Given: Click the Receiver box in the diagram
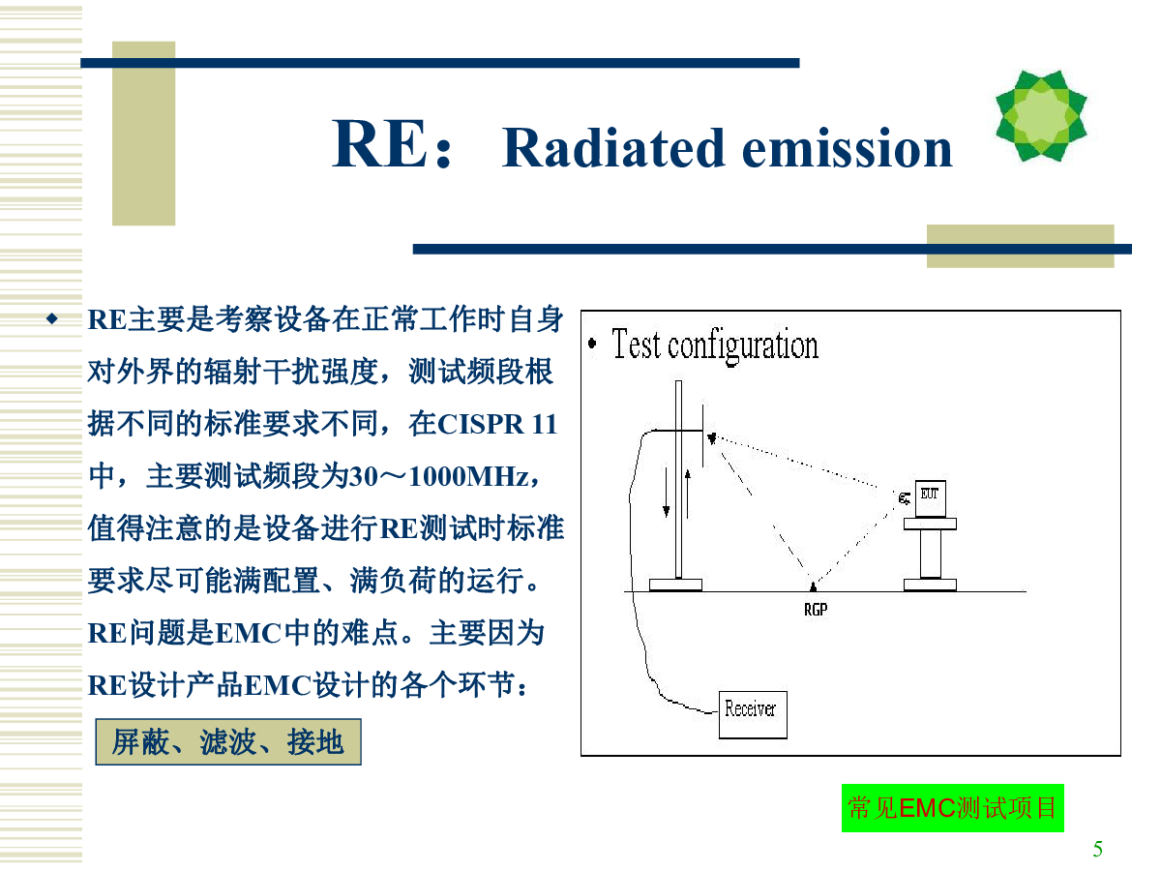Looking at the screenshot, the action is tap(752, 714).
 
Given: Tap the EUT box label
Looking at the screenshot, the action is tap(930, 494).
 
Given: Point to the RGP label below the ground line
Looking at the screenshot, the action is tap(815, 610).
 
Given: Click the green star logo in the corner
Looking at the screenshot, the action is tap(1040, 115).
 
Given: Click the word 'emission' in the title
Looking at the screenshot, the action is tap(847, 149).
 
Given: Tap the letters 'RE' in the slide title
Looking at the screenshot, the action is tap(378, 143).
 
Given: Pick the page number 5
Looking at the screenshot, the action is tap(1097, 849).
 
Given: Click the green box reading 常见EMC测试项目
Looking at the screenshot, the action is tap(952, 807).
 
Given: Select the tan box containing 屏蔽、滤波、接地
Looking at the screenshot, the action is tap(228, 741).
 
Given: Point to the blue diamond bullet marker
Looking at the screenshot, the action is tap(52, 318).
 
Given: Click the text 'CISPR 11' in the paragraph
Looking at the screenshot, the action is tap(497, 424).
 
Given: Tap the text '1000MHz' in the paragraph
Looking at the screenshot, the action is tap(468, 476).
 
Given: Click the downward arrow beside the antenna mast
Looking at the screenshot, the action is tap(666, 493).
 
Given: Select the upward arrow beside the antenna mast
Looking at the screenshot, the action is tap(688, 494).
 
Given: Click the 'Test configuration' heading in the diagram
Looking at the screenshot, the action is tap(715, 345).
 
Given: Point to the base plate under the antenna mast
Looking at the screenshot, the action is tap(675, 585).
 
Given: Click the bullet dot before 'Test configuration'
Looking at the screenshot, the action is tap(592, 344).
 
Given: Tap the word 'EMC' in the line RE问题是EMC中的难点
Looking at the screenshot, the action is tap(248, 634).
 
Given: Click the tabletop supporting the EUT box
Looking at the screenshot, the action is tap(930, 525).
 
